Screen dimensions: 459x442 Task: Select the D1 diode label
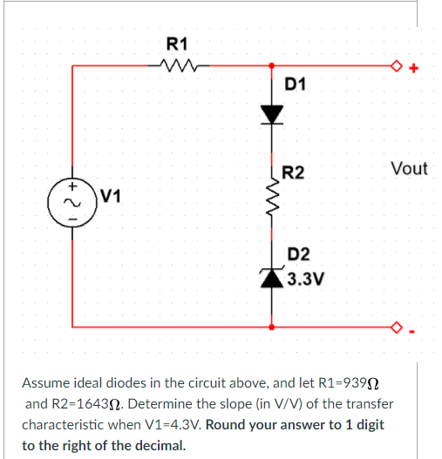pyautogui.click(x=296, y=84)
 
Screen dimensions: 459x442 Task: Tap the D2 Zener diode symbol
pyautogui.click(x=273, y=276)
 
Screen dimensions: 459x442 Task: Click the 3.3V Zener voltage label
pyautogui.click(x=306, y=280)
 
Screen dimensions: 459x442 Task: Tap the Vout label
pyautogui.click(x=409, y=168)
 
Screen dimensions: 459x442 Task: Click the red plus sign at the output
pyautogui.click(x=413, y=67)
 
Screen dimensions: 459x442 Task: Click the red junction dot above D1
pyautogui.click(x=273, y=64)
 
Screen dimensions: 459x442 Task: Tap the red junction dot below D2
pyautogui.click(x=273, y=327)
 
